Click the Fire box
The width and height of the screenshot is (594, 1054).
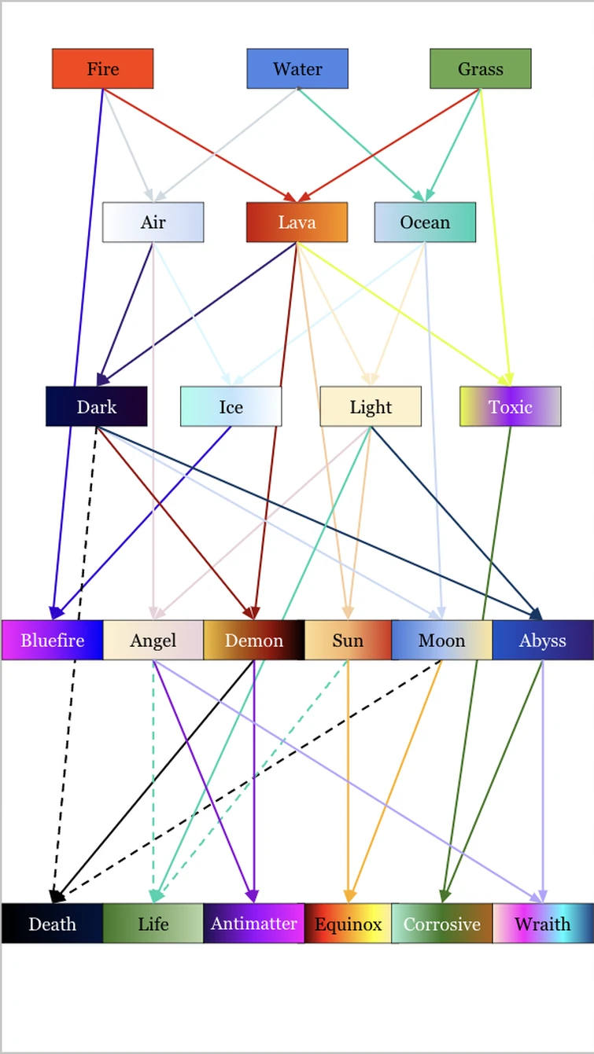(102, 68)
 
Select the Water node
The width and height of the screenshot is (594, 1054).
(297, 68)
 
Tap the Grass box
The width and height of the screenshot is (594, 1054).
(480, 68)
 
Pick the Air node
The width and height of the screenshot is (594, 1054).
(153, 222)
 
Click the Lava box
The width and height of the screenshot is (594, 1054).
(297, 222)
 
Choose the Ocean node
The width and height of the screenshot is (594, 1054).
(425, 222)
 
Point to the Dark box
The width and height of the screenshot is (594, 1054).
(96, 406)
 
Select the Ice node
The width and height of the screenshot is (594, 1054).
(231, 406)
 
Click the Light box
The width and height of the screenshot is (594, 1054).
(371, 406)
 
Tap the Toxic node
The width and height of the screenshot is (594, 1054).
(510, 406)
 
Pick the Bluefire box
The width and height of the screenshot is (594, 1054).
(52, 640)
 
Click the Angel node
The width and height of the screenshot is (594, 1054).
(153, 640)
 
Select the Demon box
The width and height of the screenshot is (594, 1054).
(253, 640)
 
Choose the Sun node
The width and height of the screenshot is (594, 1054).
(348, 640)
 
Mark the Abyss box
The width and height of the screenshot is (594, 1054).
(542, 640)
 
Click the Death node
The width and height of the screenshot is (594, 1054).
(52, 924)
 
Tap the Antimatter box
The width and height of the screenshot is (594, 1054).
(253, 924)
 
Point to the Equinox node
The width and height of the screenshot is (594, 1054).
(348, 924)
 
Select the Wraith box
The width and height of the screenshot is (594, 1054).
(542, 924)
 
